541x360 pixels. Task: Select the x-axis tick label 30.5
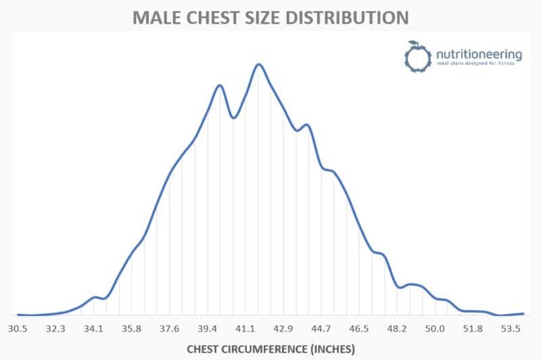18,329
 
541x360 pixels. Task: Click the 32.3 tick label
55,329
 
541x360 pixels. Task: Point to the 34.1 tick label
93,329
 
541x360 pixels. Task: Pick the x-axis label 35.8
131,329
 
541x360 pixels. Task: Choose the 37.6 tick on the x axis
169,329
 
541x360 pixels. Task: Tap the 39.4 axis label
207,329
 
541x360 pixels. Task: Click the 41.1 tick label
245,329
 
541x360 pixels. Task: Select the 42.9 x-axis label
283,329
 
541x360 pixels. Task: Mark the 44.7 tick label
321,329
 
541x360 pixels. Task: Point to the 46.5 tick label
358,329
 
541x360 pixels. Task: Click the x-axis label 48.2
396,329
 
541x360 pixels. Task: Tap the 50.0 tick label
434,329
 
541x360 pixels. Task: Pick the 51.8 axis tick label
472,329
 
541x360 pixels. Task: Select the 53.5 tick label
510,329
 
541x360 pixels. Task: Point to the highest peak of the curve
258,64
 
